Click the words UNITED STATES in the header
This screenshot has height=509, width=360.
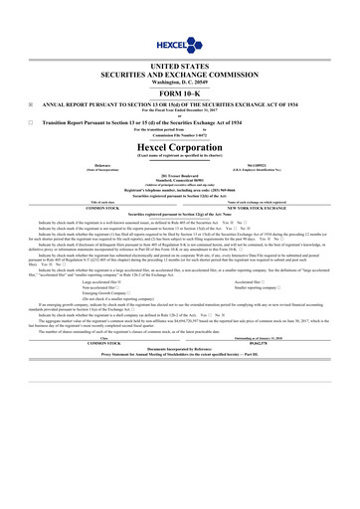(180, 63)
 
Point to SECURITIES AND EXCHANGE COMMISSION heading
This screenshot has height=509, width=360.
(180, 72)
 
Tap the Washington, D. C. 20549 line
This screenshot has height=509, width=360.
(180, 80)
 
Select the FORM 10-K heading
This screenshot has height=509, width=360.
(180, 91)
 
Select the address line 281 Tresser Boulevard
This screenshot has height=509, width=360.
(180, 177)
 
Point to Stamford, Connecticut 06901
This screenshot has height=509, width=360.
(180, 182)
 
